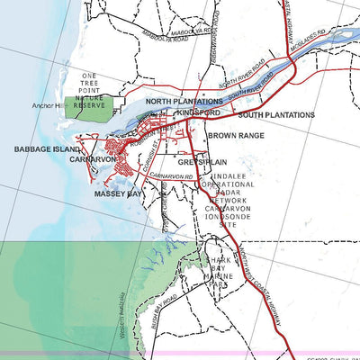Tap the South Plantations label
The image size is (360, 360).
[x=276, y=115]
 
